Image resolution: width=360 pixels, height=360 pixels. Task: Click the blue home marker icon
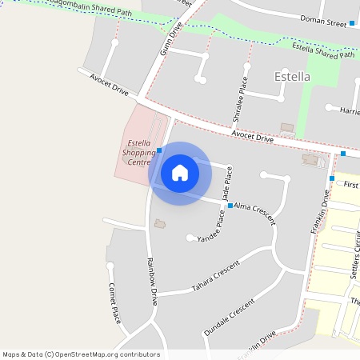pos(180,173)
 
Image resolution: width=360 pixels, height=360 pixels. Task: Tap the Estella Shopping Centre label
pos(134,153)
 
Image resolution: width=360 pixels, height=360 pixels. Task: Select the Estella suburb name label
pos(291,78)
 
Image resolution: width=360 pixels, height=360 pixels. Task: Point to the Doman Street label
pos(323,22)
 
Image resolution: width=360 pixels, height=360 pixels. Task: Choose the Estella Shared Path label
pos(323,50)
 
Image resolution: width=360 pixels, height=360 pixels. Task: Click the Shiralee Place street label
pos(238,100)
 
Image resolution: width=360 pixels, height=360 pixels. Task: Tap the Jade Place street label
pos(227,184)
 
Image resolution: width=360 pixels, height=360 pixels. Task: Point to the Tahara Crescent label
pos(216,277)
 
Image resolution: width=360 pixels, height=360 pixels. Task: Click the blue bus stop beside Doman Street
pos(352,23)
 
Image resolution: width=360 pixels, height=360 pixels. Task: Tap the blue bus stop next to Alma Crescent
pos(230,206)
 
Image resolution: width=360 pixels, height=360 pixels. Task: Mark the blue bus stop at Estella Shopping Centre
pos(159,150)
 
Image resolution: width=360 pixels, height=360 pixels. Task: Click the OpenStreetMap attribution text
pos(81,354)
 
